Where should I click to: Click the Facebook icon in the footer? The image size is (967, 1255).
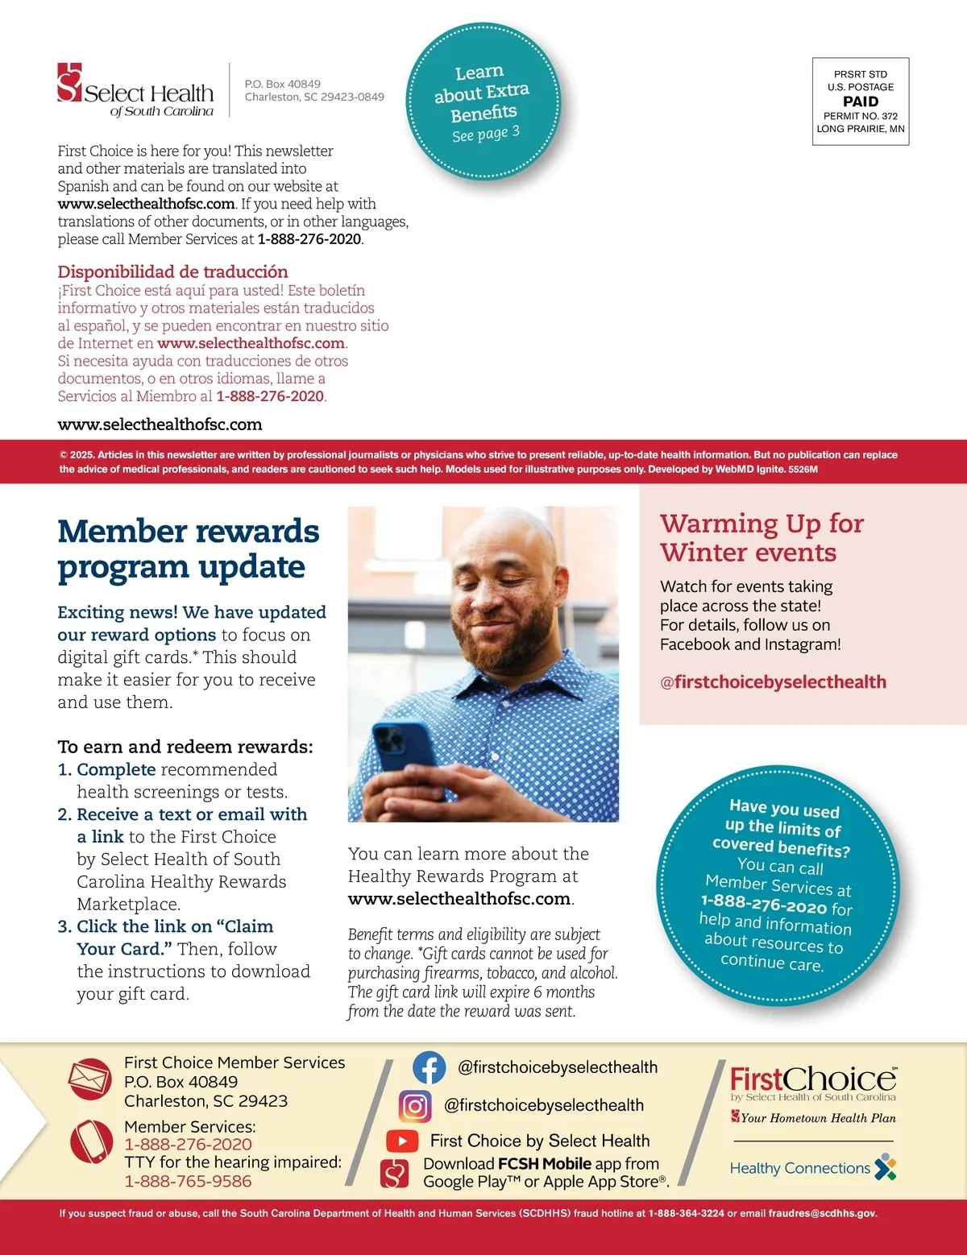(430, 1067)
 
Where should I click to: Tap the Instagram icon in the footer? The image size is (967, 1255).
(415, 1105)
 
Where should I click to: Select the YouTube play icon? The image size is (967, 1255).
(402, 1141)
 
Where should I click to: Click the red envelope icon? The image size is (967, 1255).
(89, 1079)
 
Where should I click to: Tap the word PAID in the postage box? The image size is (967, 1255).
(861, 101)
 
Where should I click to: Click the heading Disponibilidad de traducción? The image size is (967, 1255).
(172, 271)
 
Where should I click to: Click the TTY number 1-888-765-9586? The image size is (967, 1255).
(188, 1181)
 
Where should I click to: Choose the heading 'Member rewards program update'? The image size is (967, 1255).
(189, 549)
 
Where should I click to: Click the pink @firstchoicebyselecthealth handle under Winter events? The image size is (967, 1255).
(773, 682)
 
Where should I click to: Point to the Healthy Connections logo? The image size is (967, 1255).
(812, 1167)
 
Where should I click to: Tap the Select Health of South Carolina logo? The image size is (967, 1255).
(135, 90)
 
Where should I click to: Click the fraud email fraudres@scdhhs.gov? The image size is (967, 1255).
(821, 1213)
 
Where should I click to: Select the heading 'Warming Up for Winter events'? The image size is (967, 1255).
(761, 538)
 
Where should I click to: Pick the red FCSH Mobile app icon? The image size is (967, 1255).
(395, 1174)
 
